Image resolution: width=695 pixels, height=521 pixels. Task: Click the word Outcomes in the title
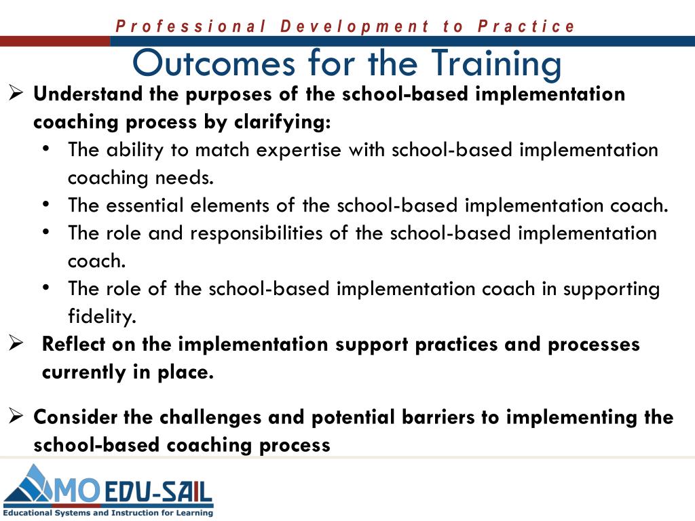pyautogui.click(x=214, y=63)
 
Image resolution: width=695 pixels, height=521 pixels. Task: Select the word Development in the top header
pyautogui.click(x=354, y=26)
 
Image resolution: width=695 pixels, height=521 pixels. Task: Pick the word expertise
pyautogui.click(x=299, y=151)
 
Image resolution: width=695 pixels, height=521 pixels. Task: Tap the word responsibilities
pyautogui.click(x=256, y=233)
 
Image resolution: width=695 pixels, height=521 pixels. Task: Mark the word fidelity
pyautogui.click(x=102, y=316)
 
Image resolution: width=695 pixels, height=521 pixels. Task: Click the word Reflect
pyautogui.click(x=73, y=344)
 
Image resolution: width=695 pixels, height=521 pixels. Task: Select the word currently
pyautogui.click(x=83, y=372)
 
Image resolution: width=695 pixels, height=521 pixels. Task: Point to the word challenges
pyautogui.click(x=210, y=418)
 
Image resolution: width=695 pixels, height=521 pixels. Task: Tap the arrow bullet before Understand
pyautogui.click(x=16, y=94)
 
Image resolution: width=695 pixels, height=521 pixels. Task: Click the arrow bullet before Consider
pyautogui.click(x=16, y=417)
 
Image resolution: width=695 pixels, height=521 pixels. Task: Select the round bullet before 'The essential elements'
pyautogui.click(x=45, y=205)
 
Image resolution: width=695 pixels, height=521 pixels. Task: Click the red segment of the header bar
pyautogui.click(x=55, y=41)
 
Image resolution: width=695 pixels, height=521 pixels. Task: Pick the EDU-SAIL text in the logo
pyautogui.click(x=158, y=493)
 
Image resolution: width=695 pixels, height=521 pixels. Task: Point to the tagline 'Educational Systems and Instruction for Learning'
pyautogui.click(x=108, y=513)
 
